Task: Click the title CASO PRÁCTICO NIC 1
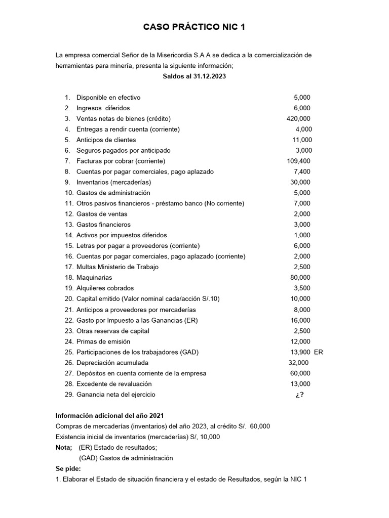click(194, 27)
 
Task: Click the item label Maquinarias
click(94, 278)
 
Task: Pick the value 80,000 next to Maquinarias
click(301, 278)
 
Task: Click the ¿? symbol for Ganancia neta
click(300, 395)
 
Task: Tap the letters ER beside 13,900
click(318, 352)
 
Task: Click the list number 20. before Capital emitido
click(69, 299)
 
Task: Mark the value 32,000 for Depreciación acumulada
click(298, 363)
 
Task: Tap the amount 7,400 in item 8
click(302, 172)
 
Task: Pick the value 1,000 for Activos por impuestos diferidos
click(302, 235)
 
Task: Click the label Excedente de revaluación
click(114, 384)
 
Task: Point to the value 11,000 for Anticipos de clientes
click(302, 140)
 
